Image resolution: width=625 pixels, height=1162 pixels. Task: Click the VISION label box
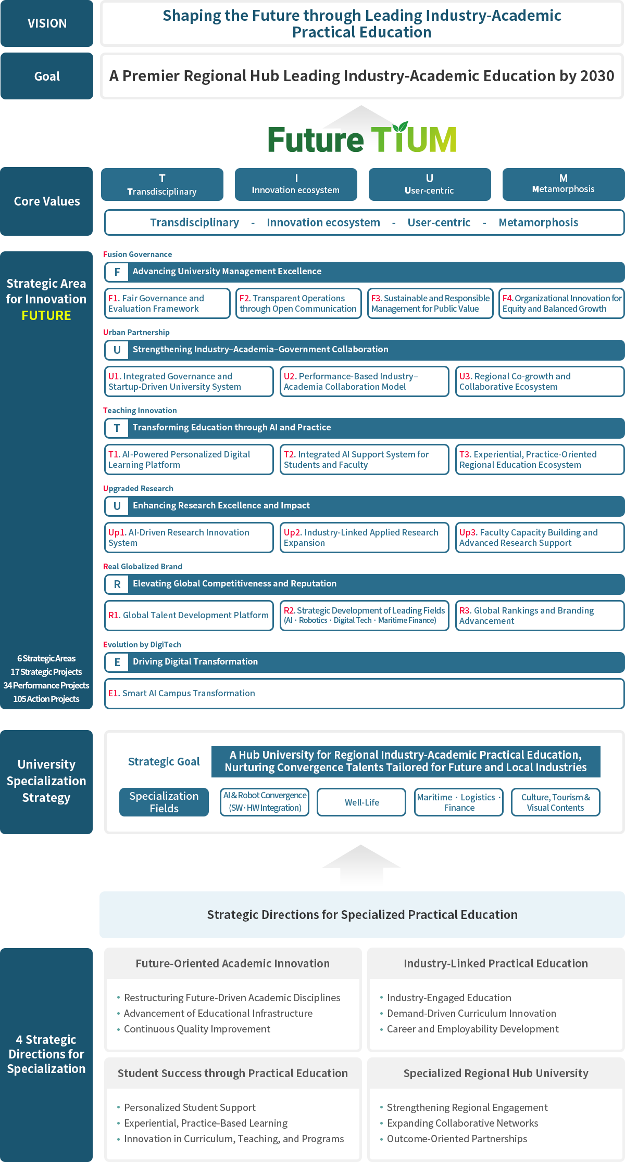coord(47,23)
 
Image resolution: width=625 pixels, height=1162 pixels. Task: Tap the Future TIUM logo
coord(362,138)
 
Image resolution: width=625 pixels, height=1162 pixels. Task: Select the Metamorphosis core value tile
coord(564,184)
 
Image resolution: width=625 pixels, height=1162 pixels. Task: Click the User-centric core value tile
coord(430,184)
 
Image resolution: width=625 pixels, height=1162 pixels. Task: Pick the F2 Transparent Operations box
coord(298,303)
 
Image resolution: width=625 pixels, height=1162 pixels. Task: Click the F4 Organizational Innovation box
coord(561,303)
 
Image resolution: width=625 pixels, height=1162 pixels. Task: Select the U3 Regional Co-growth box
coord(540,381)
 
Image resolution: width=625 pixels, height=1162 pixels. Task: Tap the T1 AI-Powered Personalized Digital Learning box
coord(189,459)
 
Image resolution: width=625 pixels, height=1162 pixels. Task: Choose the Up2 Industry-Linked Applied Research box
coord(365,538)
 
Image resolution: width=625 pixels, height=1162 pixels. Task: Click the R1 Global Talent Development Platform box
coord(189,616)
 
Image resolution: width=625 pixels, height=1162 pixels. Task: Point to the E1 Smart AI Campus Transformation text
coord(182,693)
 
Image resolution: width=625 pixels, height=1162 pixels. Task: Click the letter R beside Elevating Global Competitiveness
coord(117,584)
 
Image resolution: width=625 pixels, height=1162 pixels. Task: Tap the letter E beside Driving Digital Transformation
coord(117,662)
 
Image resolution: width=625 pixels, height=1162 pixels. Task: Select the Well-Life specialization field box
coord(361,802)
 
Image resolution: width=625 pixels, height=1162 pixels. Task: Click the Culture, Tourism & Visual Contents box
coord(555,802)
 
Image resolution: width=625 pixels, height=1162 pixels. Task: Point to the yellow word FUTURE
coord(46,315)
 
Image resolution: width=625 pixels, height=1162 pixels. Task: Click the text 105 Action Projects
coord(46,699)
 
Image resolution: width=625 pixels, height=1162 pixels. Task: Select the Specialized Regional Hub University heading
coord(496,1073)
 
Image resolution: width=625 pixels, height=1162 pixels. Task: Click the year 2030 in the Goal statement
coord(597,76)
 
